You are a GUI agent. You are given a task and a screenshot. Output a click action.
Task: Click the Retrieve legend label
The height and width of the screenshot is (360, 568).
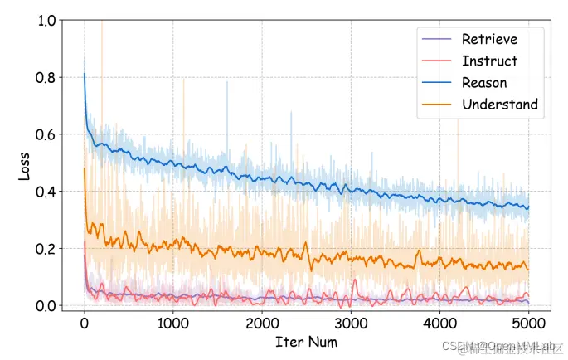click(x=489, y=39)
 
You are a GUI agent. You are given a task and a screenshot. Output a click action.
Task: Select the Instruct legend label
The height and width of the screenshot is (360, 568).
click(x=489, y=61)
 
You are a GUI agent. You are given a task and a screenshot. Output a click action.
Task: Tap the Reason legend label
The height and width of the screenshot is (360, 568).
click(x=484, y=82)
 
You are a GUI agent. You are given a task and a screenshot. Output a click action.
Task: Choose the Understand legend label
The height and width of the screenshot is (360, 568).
click(x=500, y=104)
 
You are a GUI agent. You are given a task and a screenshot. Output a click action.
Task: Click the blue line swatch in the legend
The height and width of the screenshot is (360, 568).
click(x=438, y=82)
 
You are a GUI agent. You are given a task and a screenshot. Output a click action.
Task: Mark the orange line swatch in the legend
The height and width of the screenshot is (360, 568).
click(x=438, y=104)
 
